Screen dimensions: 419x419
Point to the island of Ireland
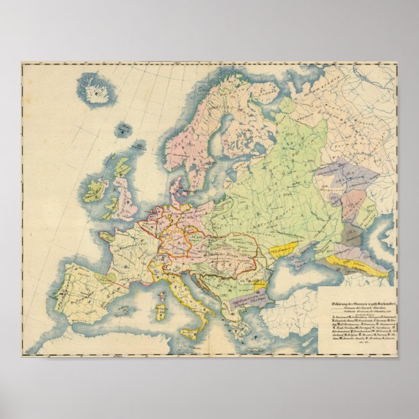(97, 189)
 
